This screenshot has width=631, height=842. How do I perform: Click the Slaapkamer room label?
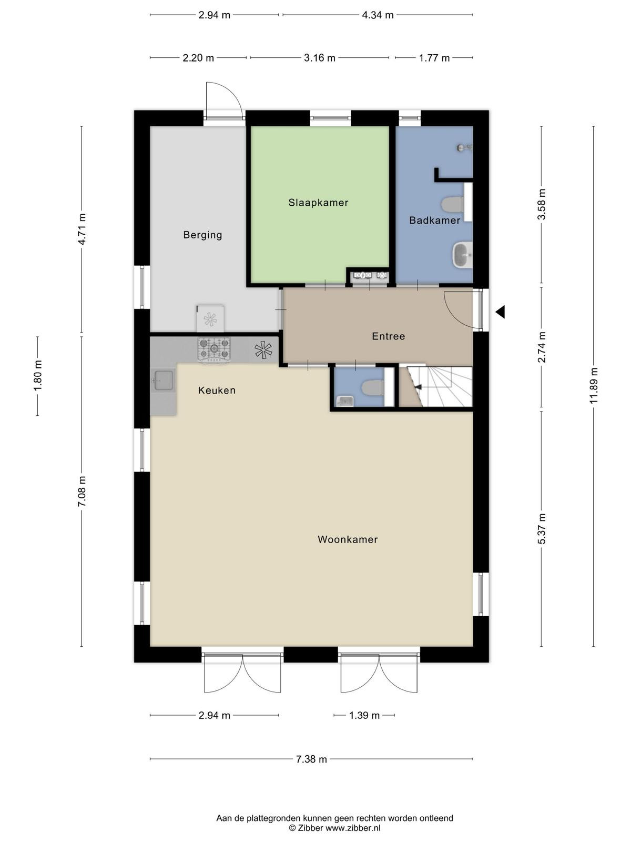318,203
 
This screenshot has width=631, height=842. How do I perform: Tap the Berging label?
202,235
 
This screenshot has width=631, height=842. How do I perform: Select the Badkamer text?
434,220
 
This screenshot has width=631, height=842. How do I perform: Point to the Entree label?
388,336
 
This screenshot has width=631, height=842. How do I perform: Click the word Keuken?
217,390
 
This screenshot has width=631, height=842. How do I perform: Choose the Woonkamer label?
348,539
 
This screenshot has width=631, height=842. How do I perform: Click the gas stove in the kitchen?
214,349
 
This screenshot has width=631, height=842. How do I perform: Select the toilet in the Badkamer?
452,204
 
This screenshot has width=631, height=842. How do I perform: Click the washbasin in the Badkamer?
462,255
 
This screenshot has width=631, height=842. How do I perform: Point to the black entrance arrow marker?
500,312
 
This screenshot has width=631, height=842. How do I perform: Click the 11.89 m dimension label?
594,386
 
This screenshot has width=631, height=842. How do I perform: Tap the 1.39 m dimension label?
364,715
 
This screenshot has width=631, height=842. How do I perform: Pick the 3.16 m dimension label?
320,58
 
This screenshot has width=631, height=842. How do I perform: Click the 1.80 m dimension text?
38,376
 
